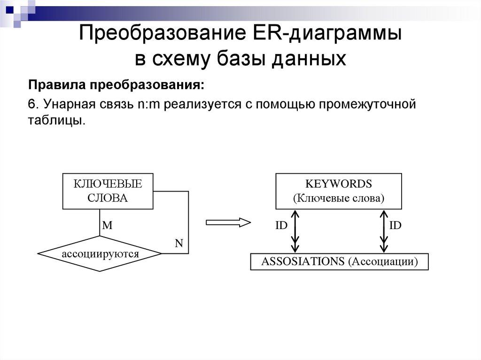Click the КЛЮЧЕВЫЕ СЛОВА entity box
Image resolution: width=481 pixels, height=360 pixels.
pos(108,191)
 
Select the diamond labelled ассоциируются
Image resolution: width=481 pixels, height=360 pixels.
pos(100,254)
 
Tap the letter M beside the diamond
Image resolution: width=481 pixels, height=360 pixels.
pos(108,225)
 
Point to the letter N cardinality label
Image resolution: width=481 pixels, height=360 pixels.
pos(179,243)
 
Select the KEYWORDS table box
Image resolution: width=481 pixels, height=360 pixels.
pos(338,191)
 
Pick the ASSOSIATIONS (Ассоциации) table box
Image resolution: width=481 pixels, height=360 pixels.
pos(339,261)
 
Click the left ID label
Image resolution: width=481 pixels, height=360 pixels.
pos(281,225)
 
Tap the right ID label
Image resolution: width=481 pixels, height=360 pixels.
pos(396,225)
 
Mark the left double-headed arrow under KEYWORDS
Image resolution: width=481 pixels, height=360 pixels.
pos(295,231)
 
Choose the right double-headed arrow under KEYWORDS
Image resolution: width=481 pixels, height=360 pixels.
pos(383,231)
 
